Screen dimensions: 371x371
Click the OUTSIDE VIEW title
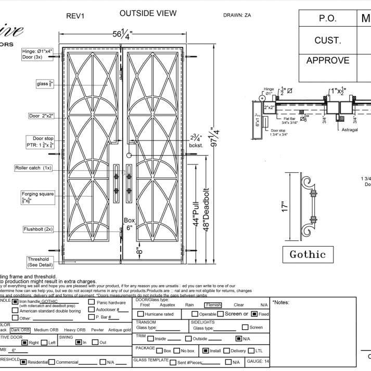pos(148,13)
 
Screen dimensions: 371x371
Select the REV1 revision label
pos(75,16)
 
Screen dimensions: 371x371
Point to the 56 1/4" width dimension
pos(123,35)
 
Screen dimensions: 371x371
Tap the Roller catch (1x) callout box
pos(33,168)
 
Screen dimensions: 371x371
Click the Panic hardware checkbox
pos(92,302)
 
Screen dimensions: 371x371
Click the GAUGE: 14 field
pos(257,361)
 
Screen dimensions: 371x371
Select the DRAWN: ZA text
pos(236,16)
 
